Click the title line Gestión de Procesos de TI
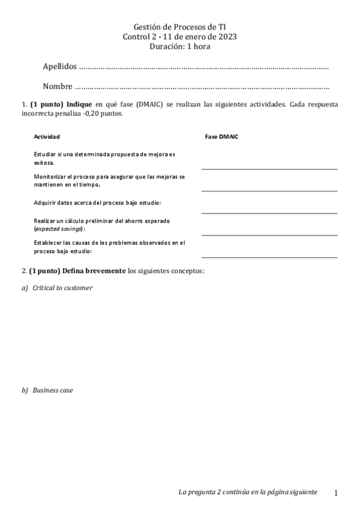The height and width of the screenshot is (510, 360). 180,27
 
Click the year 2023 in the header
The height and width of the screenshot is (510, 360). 227,37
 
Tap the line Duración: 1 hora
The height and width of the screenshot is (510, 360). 180,46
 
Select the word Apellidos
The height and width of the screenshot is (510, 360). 60,66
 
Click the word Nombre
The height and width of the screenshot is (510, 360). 58,86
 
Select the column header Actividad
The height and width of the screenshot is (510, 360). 47,137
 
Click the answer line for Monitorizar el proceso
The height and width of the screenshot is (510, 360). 269,191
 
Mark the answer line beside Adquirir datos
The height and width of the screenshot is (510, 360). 269,212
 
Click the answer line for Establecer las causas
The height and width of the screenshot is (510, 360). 269,257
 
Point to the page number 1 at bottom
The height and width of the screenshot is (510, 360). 336,493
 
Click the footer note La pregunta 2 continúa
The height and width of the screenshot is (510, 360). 248,492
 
